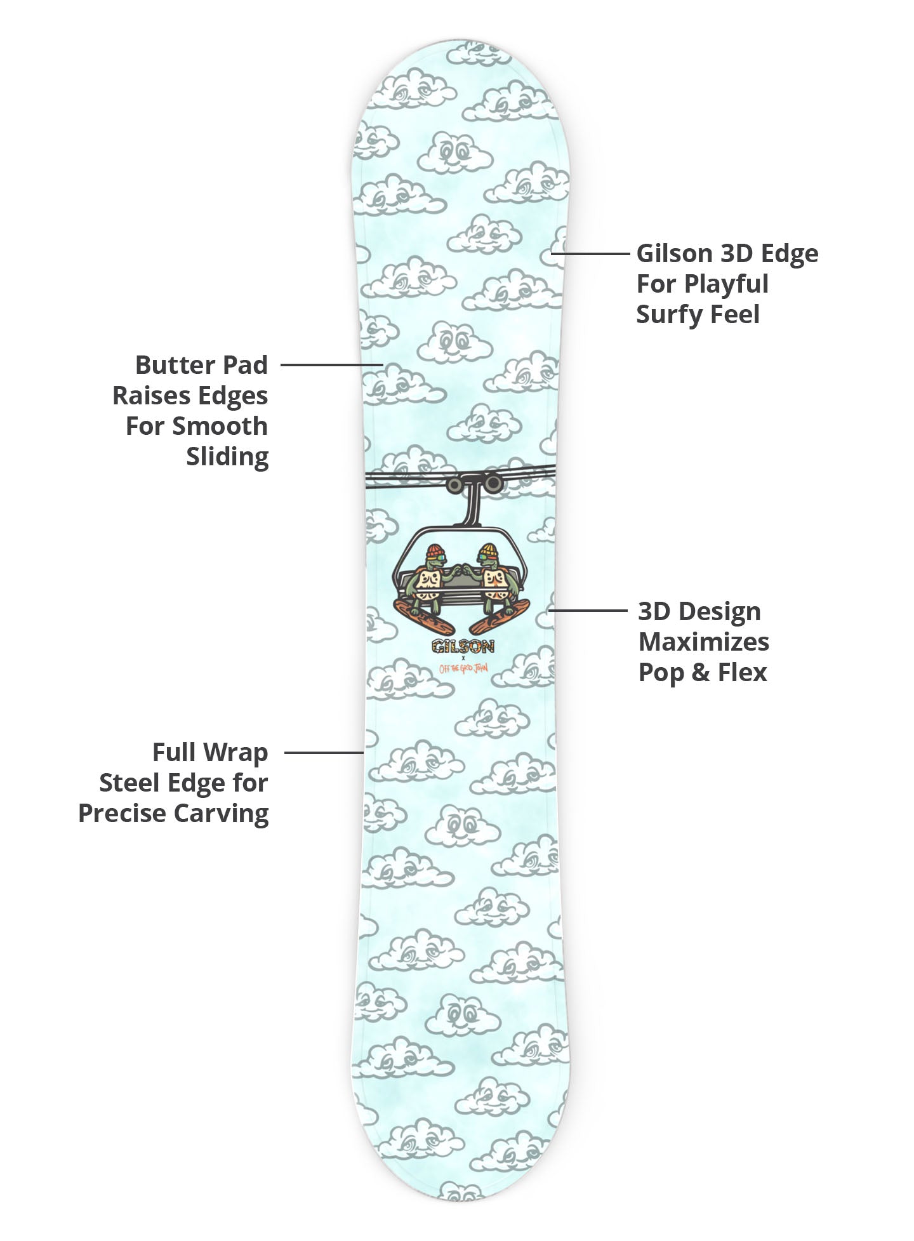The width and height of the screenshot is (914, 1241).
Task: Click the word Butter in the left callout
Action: (166, 365)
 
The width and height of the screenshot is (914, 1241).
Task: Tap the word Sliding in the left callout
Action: (227, 456)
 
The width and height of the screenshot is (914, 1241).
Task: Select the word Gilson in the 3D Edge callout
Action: (674, 253)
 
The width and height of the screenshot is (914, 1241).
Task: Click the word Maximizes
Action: (703, 642)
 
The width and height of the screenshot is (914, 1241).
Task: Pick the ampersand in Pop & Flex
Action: (700, 672)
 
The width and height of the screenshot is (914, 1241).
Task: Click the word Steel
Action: (129, 783)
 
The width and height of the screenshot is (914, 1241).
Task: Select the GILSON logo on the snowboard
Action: (462, 646)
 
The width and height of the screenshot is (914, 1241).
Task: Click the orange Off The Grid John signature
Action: (462, 668)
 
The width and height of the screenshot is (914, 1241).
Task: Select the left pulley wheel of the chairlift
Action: (454, 484)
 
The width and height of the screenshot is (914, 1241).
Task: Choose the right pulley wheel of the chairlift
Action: (492, 484)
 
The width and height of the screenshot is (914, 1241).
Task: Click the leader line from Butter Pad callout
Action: (330, 365)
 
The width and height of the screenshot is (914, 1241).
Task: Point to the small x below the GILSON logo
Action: (462, 658)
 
